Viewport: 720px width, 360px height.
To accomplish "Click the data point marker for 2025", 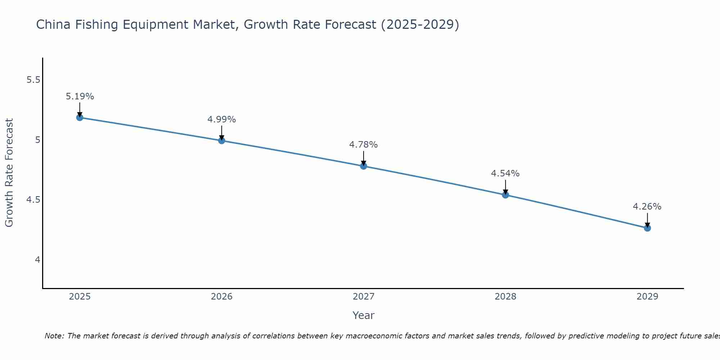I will tap(80, 117).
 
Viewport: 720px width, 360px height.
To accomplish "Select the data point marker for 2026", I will tap(221, 140).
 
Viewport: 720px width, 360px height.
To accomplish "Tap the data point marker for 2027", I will tap(363, 166).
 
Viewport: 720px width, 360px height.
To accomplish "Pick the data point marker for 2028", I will tap(505, 195).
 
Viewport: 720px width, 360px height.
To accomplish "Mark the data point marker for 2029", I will tap(647, 228).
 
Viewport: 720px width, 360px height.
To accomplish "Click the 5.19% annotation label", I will tap(80, 96).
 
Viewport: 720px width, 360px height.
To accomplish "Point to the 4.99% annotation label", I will tap(221, 120).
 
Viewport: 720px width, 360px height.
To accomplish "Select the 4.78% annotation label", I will tap(363, 145).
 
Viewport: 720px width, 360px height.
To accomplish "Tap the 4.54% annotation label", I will tap(505, 174).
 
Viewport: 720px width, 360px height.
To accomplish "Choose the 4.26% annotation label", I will tap(647, 207).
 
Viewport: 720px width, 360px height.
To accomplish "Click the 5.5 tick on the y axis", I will tap(33, 80).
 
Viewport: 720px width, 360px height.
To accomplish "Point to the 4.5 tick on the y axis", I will tap(33, 200).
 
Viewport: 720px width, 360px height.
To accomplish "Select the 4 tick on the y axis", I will tap(37, 260).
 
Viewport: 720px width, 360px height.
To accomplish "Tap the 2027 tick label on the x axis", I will tap(363, 297).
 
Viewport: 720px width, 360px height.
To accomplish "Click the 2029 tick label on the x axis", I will tap(647, 297).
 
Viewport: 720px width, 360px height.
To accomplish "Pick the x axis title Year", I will tap(363, 315).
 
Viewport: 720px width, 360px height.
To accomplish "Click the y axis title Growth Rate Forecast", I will tap(9, 173).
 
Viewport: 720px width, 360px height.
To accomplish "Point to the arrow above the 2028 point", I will tap(505, 186).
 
